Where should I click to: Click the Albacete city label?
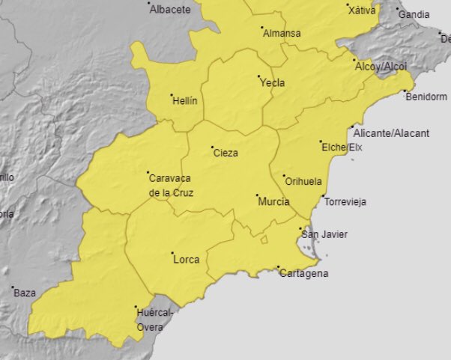(x=170, y=10)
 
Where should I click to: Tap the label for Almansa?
(x=282, y=34)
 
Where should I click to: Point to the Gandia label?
(x=414, y=15)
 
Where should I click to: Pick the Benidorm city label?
(x=426, y=97)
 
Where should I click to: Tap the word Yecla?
(x=272, y=83)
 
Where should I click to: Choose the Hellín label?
(x=185, y=101)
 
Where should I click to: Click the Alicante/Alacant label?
(x=392, y=133)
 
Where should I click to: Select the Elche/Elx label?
(x=342, y=147)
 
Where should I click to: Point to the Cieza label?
(x=225, y=153)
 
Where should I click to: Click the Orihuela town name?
(x=303, y=181)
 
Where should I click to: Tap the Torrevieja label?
(x=345, y=202)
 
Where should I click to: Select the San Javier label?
(x=324, y=235)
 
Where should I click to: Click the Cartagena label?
(x=303, y=274)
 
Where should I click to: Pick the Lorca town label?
(x=186, y=260)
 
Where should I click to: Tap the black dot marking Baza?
(x=13, y=287)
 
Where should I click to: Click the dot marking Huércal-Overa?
(x=136, y=307)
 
